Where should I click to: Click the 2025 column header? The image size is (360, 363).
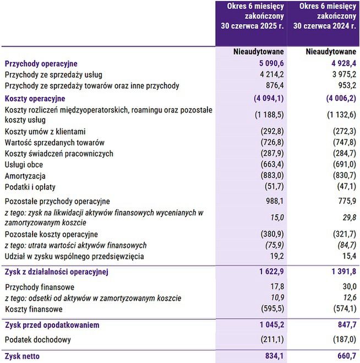pos(252,16)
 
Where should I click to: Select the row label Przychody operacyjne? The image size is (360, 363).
pos(41,64)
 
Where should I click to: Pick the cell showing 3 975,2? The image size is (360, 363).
pos(341,74)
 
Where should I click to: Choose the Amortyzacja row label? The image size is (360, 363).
pos(25,175)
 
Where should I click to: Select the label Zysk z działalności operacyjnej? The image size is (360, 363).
pos(57,272)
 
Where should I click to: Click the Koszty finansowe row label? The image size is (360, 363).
pos(32,309)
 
